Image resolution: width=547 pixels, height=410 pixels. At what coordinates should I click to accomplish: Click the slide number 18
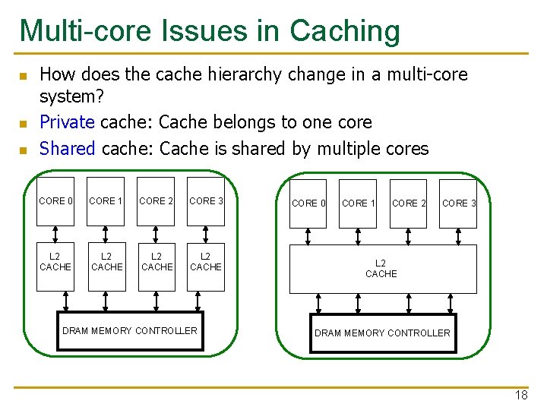pyautogui.click(x=521, y=395)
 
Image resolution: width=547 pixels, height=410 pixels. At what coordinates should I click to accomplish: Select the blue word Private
pyautogui.click(x=67, y=121)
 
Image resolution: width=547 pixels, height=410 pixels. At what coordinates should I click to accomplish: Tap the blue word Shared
pyautogui.click(x=67, y=148)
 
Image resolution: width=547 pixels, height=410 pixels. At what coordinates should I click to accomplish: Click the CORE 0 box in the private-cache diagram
pyautogui.click(x=56, y=201)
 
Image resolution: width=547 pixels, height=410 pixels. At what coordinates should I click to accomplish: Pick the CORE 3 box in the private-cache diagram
pyautogui.click(x=206, y=201)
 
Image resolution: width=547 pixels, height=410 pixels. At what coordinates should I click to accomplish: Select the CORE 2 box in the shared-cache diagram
pyautogui.click(x=409, y=203)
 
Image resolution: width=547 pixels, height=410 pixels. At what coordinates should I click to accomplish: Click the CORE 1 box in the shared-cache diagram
pyautogui.click(x=358, y=203)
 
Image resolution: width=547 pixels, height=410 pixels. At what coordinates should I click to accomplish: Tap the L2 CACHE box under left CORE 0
pyautogui.click(x=55, y=263)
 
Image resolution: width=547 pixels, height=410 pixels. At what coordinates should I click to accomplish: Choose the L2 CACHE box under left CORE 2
pyautogui.click(x=157, y=263)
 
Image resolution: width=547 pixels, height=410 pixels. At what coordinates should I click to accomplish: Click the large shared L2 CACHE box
pyautogui.click(x=383, y=269)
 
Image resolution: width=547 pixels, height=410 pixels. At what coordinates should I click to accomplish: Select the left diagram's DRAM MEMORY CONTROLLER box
pyautogui.click(x=130, y=331)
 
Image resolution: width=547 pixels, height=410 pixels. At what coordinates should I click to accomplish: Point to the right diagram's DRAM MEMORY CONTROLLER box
pyautogui.click(x=382, y=333)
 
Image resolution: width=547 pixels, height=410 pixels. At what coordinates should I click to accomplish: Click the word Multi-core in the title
pyautogui.click(x=84, y=30)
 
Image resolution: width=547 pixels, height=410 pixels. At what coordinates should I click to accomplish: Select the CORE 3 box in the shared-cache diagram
pyautogui.click(x=459, y=203)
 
